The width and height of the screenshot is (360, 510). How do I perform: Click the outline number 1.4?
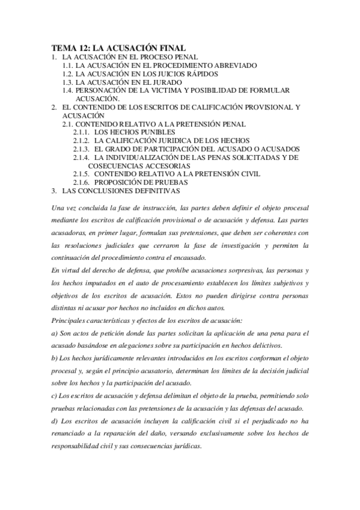[x=68, y=90]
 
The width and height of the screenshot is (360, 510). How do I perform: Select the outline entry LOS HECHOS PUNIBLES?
[x=135, y=132]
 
